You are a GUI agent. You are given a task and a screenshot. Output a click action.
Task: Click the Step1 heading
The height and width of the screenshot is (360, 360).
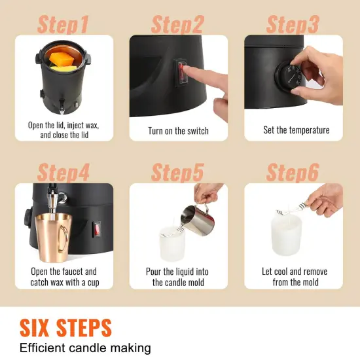click(63, 25)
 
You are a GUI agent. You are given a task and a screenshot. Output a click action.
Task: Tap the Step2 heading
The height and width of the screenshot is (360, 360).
click(178, 25)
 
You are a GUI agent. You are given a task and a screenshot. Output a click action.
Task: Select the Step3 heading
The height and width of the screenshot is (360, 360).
click(293, 25)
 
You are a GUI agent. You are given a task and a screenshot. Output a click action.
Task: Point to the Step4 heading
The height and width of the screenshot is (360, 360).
click(63, 173)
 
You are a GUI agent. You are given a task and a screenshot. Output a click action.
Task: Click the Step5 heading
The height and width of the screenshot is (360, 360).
click(178, 173)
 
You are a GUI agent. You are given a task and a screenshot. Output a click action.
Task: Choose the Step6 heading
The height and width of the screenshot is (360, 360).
click(293, 173)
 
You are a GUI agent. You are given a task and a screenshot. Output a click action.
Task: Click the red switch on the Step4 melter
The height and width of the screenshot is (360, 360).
click(97, 230)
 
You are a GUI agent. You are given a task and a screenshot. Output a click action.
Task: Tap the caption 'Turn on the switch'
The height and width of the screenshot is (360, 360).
click(178, 131)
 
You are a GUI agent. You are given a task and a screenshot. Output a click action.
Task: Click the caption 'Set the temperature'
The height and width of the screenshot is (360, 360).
click(297, 130)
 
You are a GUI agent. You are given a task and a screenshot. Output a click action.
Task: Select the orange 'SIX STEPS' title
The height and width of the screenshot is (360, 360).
click(65, 327)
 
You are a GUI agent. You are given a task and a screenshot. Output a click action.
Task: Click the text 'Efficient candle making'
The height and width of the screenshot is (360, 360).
click(86, 348)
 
